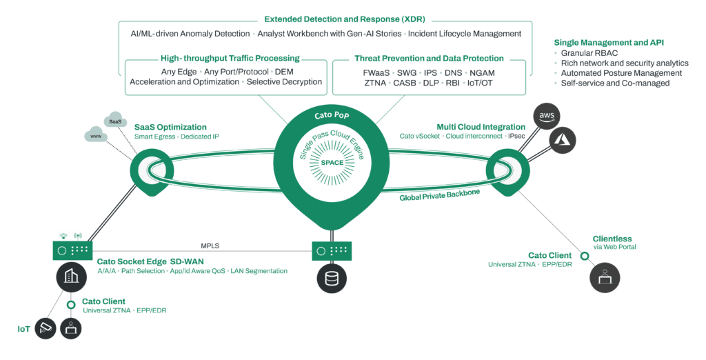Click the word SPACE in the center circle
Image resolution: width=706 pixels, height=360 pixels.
pos(333,163)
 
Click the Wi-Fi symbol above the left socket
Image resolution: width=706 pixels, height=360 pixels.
pos(61,235)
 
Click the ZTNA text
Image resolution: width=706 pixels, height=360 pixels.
pos(377,83)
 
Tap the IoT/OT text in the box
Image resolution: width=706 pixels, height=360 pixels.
pos(483,83)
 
